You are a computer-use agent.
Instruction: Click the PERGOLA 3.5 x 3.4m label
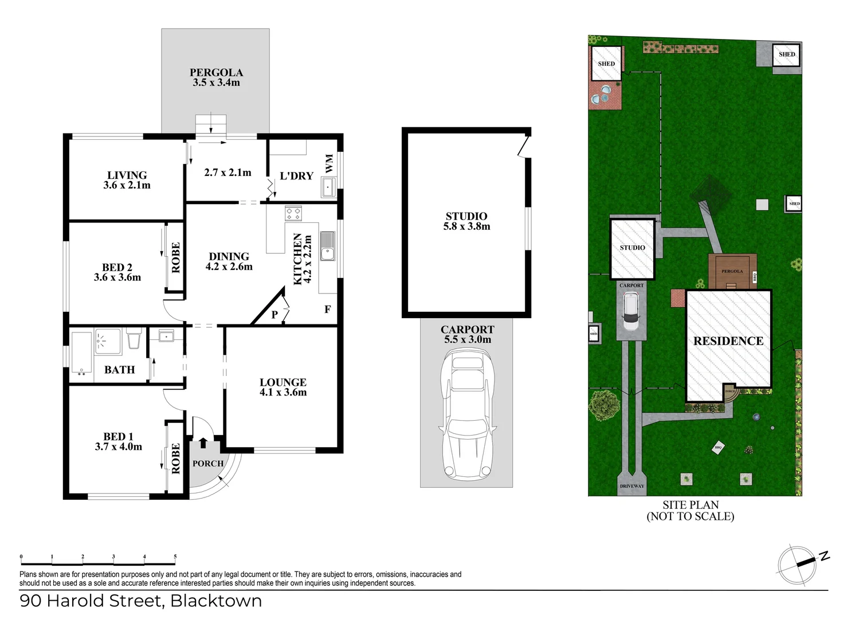(x=216, y=77)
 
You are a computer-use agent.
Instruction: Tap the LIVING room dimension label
(x=127, y=180)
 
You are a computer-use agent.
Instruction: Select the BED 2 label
(x=117, y=272)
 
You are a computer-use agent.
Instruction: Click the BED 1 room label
(x=118, y=441)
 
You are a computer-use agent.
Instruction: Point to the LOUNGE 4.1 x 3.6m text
(x=283, y=387)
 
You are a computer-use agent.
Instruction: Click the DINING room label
(x=229, y=261)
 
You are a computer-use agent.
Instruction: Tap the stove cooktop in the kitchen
(x=293, y=214)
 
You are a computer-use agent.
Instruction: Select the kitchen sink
(x=327, y=246)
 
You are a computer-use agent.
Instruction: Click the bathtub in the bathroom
(x=81, y=352)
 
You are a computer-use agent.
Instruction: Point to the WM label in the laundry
(x=329, y=163)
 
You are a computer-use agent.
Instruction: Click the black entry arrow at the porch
(x=203, y=442)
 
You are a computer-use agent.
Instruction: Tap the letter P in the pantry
(x=274, y=314)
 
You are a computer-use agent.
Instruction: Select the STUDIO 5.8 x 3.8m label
(x=466, y=221)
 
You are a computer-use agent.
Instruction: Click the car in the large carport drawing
(x=467, y=416)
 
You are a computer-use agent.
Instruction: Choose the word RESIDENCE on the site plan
(x=728, y=341)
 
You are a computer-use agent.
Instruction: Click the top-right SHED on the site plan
(x=786, y=55)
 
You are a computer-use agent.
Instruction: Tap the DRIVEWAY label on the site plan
(x=631, y=486)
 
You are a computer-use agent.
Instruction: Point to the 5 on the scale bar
(x=175, y=557)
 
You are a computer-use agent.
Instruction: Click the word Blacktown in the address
(x=216, y=601)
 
